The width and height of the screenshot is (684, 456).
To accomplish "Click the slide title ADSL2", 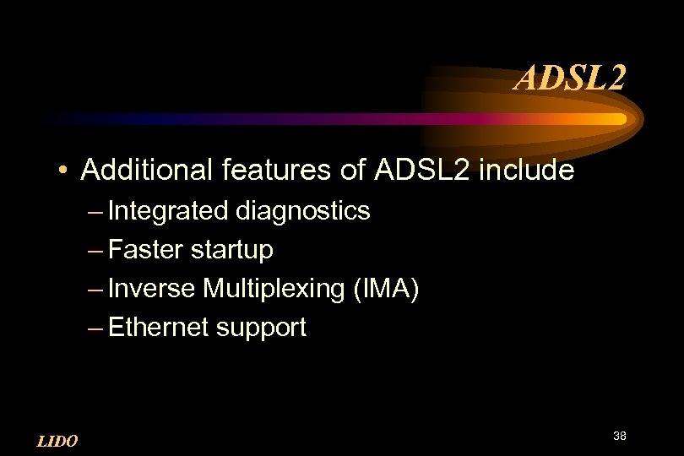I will click(x=571, y=79).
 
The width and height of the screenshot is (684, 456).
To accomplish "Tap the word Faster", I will click(x=147, y=250).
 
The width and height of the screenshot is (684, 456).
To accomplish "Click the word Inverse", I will click(x=152, y=289).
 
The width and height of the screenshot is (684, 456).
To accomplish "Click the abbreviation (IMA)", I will click(x=383, y=289).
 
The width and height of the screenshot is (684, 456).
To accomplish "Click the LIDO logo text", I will click(x=57, y=441).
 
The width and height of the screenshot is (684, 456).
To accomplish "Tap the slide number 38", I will click(x=619, y=436).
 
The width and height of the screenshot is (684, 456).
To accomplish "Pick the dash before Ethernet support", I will click(x=94, y=328).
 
